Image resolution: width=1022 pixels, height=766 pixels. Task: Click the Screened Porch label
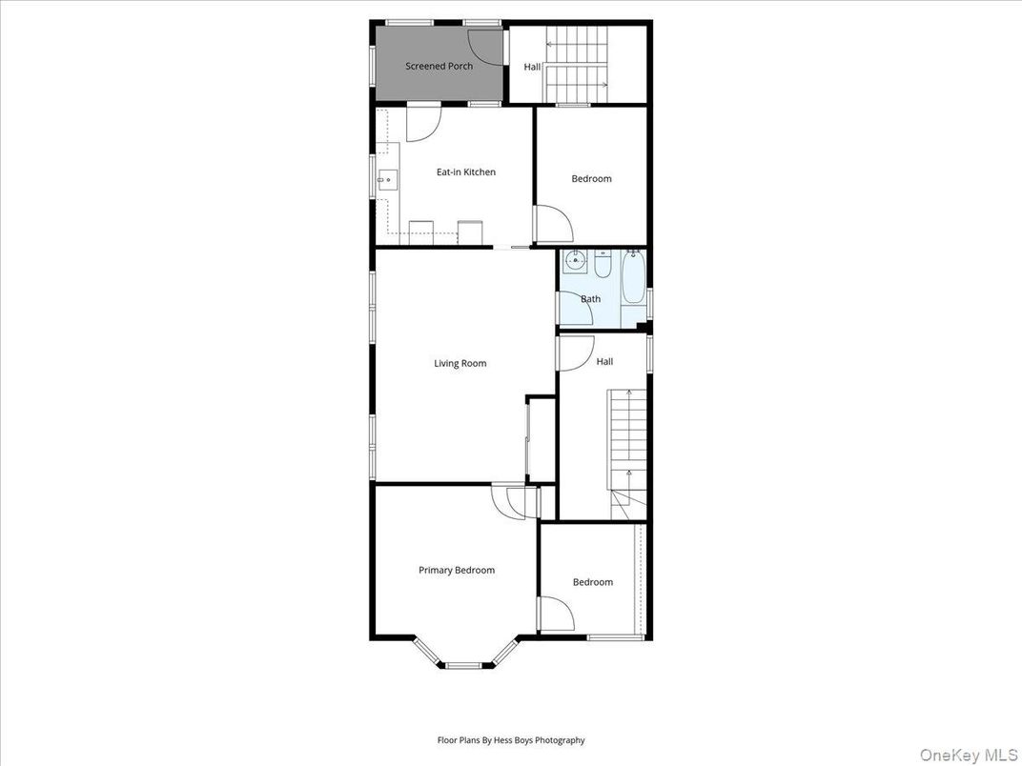[439, 66]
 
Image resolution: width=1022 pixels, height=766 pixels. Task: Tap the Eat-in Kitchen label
[466, 171]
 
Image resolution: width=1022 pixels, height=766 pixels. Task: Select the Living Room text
[460, 363]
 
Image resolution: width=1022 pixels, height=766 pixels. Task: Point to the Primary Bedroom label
[457, 570]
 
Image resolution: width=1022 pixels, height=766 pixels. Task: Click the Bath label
[591, 298]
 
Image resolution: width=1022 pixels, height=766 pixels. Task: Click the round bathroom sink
[576, 260]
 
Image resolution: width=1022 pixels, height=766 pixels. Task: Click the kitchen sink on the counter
[386, 178]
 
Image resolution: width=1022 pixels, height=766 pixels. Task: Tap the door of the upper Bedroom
[553, 225]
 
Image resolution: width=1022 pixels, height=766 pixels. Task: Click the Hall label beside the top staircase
[532, 67]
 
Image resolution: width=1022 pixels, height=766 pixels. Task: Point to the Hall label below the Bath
[604, 362]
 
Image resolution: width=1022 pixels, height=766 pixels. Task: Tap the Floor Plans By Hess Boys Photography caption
[511, 739]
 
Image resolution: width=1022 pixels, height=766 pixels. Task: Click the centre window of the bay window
[467, 664]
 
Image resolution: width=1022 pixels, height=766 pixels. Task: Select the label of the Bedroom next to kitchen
[591, 178]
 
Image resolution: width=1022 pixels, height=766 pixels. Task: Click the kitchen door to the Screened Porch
[423, 122]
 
